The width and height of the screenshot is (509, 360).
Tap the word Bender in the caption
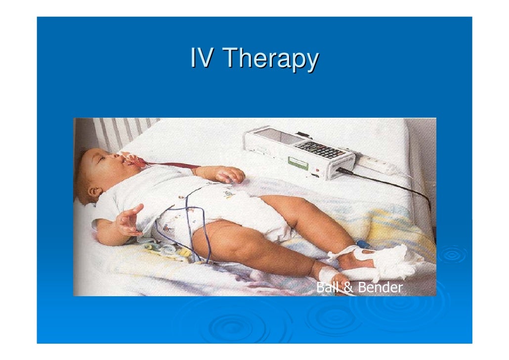click(380, 287)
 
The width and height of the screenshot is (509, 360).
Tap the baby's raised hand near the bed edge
click(129, 220)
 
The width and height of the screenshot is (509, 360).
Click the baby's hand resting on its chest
click(230, 175)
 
